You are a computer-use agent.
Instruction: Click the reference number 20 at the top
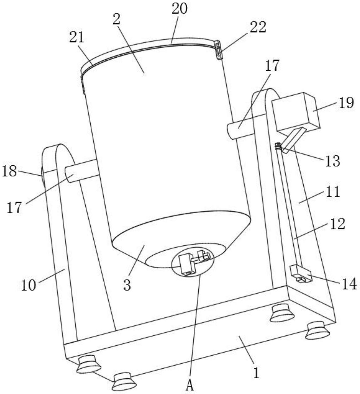coord(180,9)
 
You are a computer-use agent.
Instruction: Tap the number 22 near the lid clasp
coord(258,27)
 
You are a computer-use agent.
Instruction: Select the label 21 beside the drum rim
coord(77,37)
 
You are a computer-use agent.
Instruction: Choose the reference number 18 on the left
coord(9,171)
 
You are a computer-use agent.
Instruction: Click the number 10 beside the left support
coord(28,285)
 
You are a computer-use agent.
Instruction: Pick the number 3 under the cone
coord(127,285)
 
